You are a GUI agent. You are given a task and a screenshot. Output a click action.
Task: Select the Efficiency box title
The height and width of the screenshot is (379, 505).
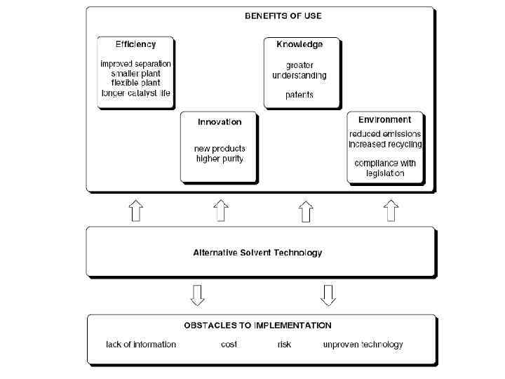point(135,44)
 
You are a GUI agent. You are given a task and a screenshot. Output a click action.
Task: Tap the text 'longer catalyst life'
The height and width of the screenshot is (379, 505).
point(135,93)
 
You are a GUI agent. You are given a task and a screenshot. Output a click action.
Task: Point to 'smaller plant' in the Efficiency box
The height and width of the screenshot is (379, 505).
point(135,73)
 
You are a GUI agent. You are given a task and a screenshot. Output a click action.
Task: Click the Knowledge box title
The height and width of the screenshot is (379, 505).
point(299,44)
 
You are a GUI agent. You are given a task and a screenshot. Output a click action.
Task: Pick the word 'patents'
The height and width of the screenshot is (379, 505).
point(299,94)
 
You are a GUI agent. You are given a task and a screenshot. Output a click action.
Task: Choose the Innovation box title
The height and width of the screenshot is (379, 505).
point(220,121)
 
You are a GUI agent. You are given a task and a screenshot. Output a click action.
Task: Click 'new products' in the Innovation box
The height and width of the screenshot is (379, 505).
point(220,149)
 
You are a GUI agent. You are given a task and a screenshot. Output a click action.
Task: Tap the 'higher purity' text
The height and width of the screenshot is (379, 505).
point(220,159)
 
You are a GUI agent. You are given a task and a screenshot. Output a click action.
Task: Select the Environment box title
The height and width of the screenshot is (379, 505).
point(385,120)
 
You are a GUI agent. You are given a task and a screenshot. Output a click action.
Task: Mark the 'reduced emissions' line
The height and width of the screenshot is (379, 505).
point(385,133)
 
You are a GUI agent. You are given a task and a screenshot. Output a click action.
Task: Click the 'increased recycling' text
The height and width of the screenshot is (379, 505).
point(385,144)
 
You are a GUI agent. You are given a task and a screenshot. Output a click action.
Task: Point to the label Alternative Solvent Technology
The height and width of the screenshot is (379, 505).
point(257,253)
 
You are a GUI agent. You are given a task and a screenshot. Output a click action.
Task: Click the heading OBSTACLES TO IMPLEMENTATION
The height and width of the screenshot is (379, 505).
point(257,325)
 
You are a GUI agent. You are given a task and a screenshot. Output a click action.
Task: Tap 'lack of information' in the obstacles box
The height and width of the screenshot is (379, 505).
point(141,345)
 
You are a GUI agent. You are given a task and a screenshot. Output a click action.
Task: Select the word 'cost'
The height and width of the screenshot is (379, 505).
point(229,345)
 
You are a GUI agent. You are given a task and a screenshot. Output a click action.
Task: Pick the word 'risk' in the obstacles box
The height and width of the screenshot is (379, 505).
point(284,345)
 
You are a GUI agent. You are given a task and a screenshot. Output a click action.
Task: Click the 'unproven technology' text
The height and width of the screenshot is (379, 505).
point(363,345)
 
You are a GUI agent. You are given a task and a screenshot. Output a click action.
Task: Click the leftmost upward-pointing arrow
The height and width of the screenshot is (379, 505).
point(137,211)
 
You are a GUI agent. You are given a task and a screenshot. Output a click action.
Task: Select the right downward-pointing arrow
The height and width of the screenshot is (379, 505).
point(328,295)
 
